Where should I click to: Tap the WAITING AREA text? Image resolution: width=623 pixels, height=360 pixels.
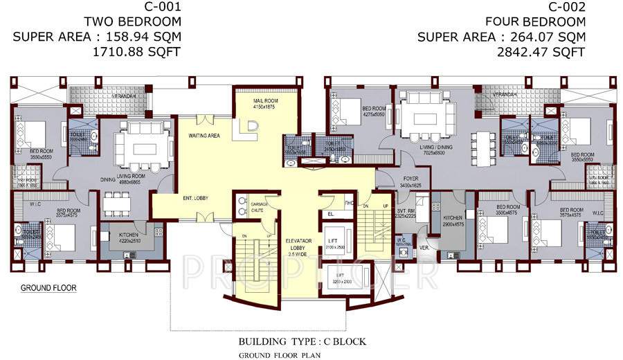pos(204,136)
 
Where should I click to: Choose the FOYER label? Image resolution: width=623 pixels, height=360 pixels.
pos(411,178)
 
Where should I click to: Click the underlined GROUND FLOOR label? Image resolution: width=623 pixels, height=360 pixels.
pos(48,287)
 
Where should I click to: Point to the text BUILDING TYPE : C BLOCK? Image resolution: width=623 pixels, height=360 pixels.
pos(302,342)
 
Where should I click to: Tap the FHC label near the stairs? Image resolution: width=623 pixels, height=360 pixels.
pos(350,203)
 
